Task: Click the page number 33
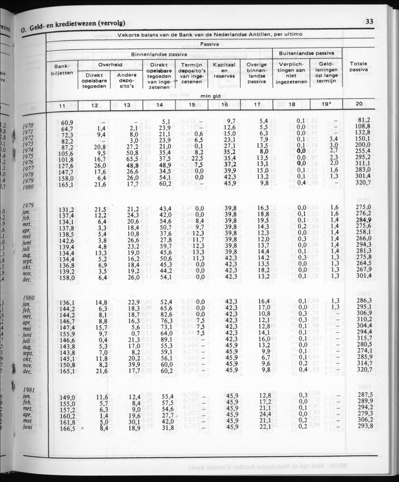(x=369, y=21)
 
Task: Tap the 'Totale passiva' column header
(x=358, y=67)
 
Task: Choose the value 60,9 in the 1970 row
(x=68, y=122)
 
